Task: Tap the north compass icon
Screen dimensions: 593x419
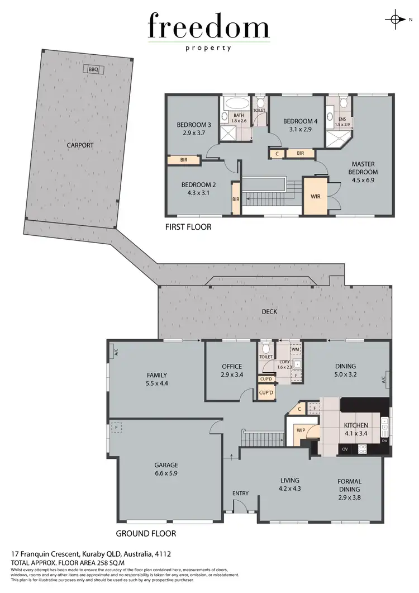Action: pos(396,20)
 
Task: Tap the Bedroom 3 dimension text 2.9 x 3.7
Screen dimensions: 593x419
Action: pos(193,134)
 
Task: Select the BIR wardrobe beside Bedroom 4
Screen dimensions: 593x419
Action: pos(300,153)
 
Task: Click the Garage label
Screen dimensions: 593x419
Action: pos(166,464)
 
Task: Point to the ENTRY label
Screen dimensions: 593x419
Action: pos(240,493)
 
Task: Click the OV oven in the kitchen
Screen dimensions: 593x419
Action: pos(345,448)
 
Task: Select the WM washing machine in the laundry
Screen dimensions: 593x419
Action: pos(296,349)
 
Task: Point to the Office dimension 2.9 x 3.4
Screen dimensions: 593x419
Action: pos(231,376)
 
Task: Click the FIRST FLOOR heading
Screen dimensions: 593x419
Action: pos(188,227)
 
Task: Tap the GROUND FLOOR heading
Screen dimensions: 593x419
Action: pos(146,533)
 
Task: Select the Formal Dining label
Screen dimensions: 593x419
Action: pos(349,485)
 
